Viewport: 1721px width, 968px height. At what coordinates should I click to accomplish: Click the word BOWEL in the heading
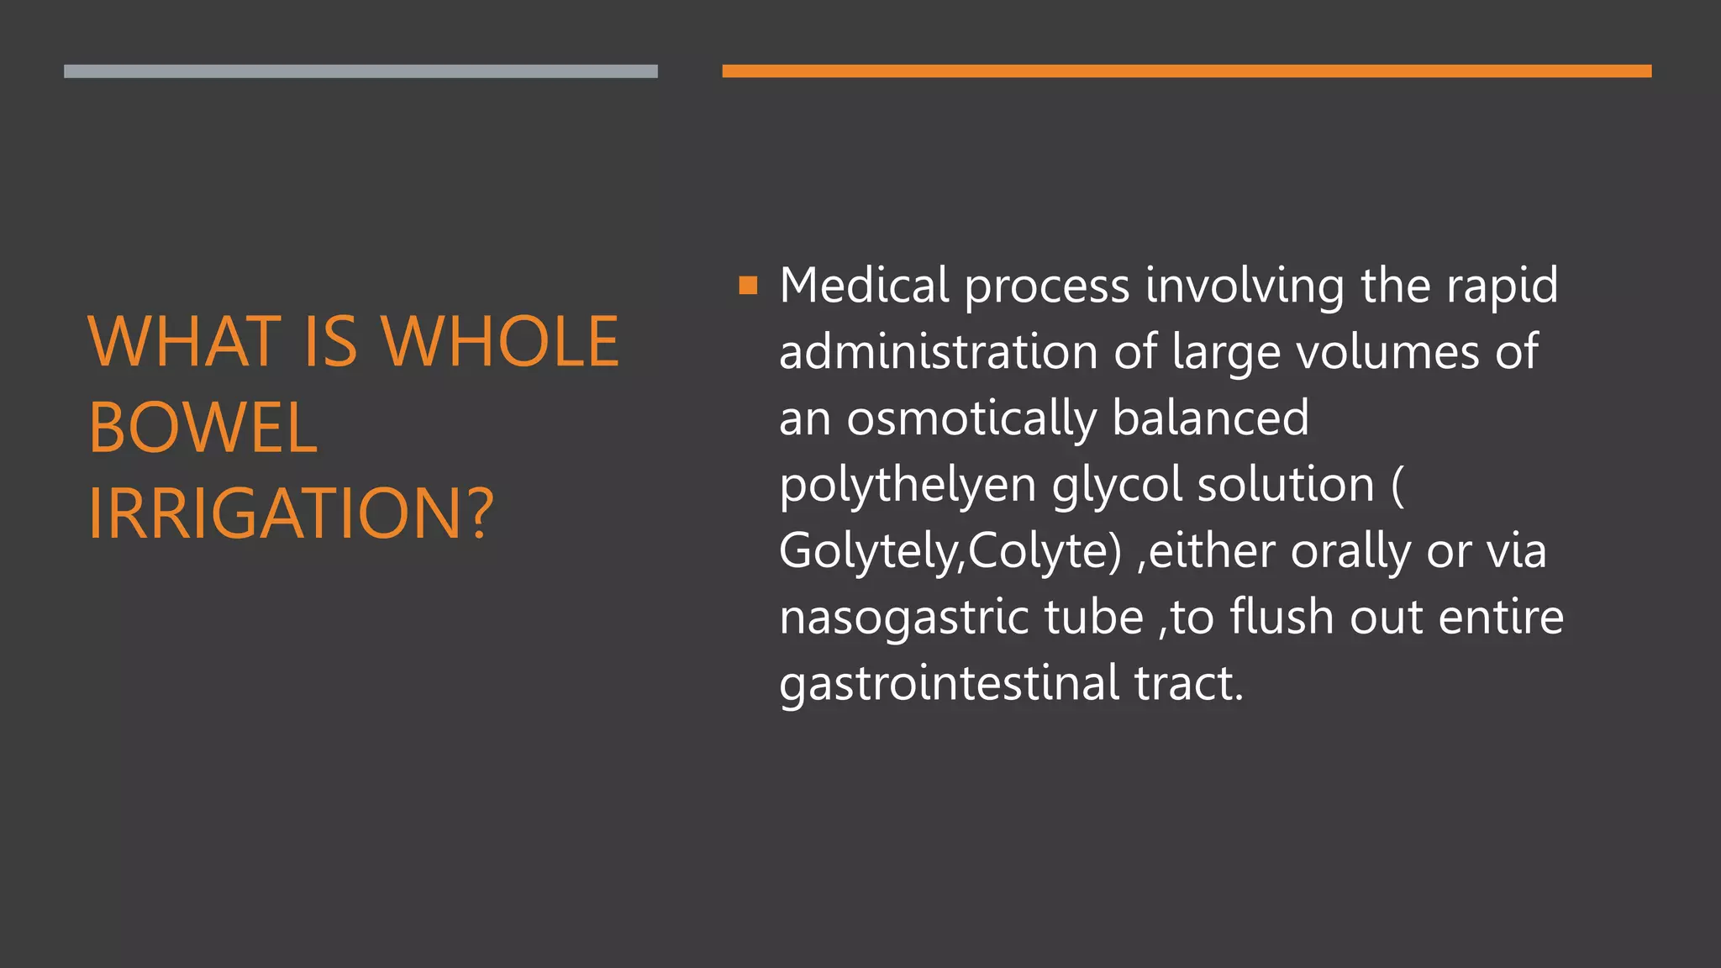tap(203, 428)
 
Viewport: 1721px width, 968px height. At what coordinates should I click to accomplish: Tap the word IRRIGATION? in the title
tap(291, 513)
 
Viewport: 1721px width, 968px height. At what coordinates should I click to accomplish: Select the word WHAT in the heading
tap(184, 342)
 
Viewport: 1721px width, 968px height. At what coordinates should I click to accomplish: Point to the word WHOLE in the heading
tap(501, 342)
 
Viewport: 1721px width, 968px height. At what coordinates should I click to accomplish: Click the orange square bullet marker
tap(748, 287)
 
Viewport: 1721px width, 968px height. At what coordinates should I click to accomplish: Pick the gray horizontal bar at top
tap(361, 71)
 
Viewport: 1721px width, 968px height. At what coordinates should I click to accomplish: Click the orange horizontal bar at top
tap(1186, 71)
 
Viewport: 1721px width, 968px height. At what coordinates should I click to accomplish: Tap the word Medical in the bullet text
tap(864, 286)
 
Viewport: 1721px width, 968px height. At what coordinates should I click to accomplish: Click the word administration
tap(938, 352)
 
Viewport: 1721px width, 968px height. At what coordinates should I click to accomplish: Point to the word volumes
tap(1387, 352)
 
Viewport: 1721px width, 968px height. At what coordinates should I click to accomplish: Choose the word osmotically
tap(971, 419)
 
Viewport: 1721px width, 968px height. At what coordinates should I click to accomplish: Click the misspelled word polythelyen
tap(907, 486)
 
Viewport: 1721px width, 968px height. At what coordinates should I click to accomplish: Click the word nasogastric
tap(903, 618)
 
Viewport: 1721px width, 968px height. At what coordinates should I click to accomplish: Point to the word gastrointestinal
tap(949, 683)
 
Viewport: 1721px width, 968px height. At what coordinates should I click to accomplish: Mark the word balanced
tap(1210, 418)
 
